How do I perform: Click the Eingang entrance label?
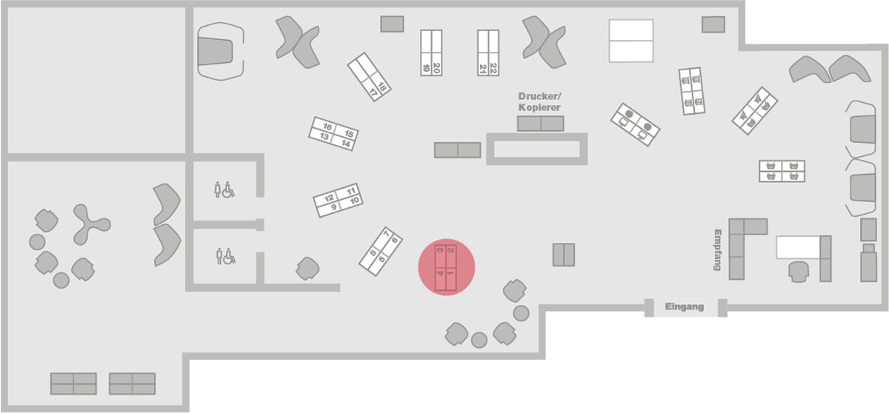[x=684, y=306]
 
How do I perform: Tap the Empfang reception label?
[x=717, y=249]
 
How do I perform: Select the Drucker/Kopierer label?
[x=539, y=102]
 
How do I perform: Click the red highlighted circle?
[x=446, y=266]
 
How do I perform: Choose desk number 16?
[x=326, y=127]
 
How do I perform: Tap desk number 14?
[x=345, y=144]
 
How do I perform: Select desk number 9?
[x=334, y=207]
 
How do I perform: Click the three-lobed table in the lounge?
[x=90, y=224]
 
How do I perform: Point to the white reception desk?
[x=798, y=246]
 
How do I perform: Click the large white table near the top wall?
[x=631, y=41]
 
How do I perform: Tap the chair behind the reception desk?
[x=798, y=271]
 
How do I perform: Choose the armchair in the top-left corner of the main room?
[x=221, y=50]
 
